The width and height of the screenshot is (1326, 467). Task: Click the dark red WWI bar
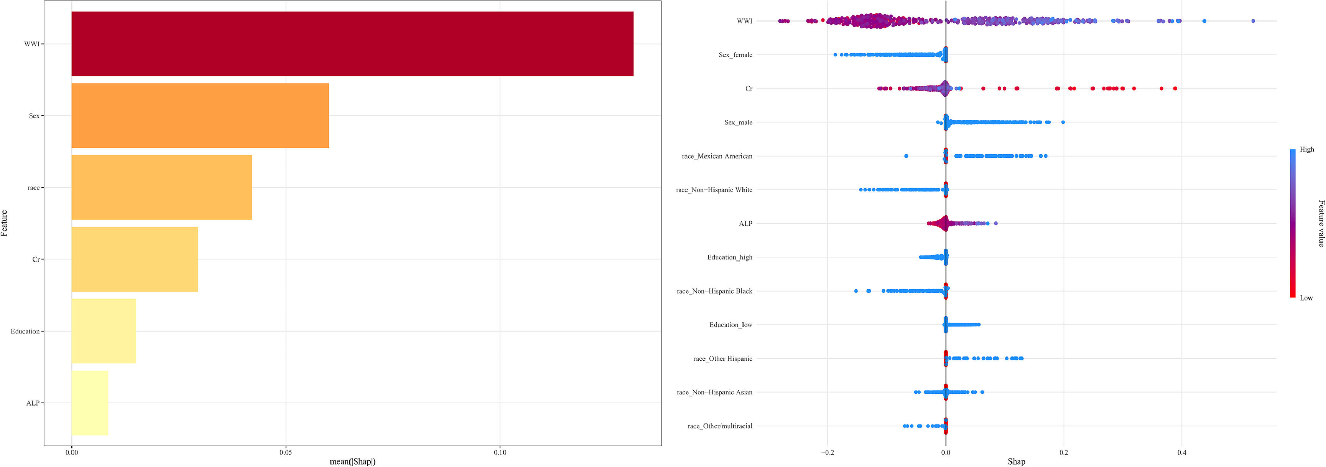352,44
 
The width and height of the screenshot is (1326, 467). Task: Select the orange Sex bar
200,116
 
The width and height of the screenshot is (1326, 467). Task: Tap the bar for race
162,187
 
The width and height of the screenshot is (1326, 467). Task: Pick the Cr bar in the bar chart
134,259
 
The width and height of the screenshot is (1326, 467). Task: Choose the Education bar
104,331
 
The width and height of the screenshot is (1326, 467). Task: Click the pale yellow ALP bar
90,403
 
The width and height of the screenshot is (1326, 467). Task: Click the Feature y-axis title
5,223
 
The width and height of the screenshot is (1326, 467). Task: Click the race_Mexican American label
717,156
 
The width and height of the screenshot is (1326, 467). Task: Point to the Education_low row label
730,325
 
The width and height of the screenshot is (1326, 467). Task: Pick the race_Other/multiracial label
720,426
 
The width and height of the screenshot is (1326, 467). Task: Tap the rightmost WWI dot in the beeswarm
1253,21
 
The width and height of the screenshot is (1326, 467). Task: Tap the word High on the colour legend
1307,149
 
